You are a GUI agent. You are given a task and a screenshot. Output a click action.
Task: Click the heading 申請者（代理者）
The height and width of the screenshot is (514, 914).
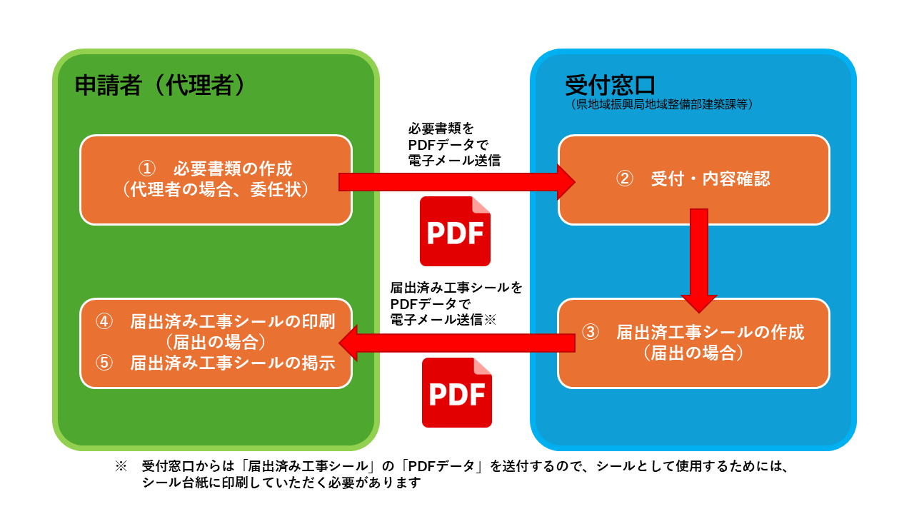160,86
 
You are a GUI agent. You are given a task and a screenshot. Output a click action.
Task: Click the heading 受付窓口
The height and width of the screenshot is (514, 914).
610,85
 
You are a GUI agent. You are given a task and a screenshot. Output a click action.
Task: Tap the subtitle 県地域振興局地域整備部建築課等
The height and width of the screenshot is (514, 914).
662,104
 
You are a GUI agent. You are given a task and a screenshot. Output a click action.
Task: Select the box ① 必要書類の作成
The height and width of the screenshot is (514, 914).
216,179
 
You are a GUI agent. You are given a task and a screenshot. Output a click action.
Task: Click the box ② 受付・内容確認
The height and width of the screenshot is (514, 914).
693,179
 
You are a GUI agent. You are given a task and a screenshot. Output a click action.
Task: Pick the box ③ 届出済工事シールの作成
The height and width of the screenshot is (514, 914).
693,343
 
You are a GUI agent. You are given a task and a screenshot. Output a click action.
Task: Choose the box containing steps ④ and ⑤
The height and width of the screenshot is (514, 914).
216,343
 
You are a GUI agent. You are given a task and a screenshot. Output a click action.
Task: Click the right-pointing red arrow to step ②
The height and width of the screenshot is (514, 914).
457,182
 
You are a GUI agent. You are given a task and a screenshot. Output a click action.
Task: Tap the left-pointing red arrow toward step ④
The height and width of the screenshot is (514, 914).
457,343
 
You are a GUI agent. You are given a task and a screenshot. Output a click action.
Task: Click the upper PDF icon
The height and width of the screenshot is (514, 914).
455,231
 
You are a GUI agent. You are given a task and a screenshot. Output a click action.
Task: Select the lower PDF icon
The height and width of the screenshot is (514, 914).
457,393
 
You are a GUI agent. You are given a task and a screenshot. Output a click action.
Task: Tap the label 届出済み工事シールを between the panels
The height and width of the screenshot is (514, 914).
456,288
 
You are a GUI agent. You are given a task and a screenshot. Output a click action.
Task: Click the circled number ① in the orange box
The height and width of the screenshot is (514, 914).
146,169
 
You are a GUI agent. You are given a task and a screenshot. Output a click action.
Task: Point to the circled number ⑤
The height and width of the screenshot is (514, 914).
105,363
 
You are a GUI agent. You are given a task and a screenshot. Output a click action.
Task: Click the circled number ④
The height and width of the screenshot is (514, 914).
105,321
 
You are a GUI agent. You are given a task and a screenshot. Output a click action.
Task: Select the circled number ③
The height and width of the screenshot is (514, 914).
591,333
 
